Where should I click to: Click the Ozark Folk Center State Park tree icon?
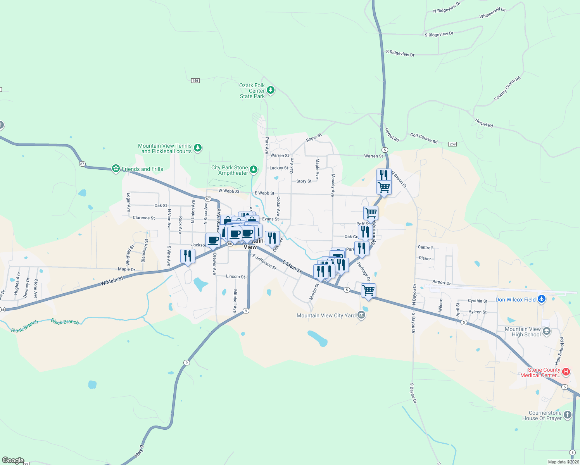pos(271,90)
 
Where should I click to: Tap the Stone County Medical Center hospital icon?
pos(566,372)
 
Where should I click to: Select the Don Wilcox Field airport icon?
pos(542,299)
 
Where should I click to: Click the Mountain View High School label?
pos(523,332)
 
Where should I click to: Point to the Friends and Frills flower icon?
pos(116,169)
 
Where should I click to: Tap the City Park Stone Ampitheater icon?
pos(253,169)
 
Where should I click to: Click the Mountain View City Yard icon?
pos(361,315)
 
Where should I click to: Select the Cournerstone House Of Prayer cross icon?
pos(567,415)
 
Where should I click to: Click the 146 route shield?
pos(195,81)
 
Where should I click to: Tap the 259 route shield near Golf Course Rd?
pos(452,144)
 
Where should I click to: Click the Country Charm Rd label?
pos(507,89)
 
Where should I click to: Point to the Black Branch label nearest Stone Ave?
pos(25,326)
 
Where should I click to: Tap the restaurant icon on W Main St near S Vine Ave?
pos(188,256)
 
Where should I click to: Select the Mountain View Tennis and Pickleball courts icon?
pos(198,148)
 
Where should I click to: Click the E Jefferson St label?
pos(264,262)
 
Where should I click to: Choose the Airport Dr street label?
pos(442,282)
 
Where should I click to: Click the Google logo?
pos(13,460)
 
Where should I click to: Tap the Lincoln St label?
pos(235,277)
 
